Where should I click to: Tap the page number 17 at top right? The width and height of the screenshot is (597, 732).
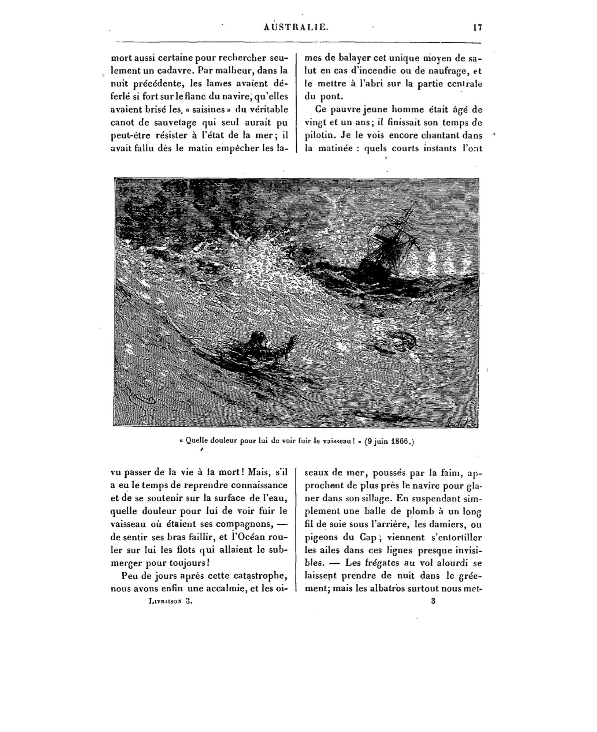(x=477, y=27)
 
